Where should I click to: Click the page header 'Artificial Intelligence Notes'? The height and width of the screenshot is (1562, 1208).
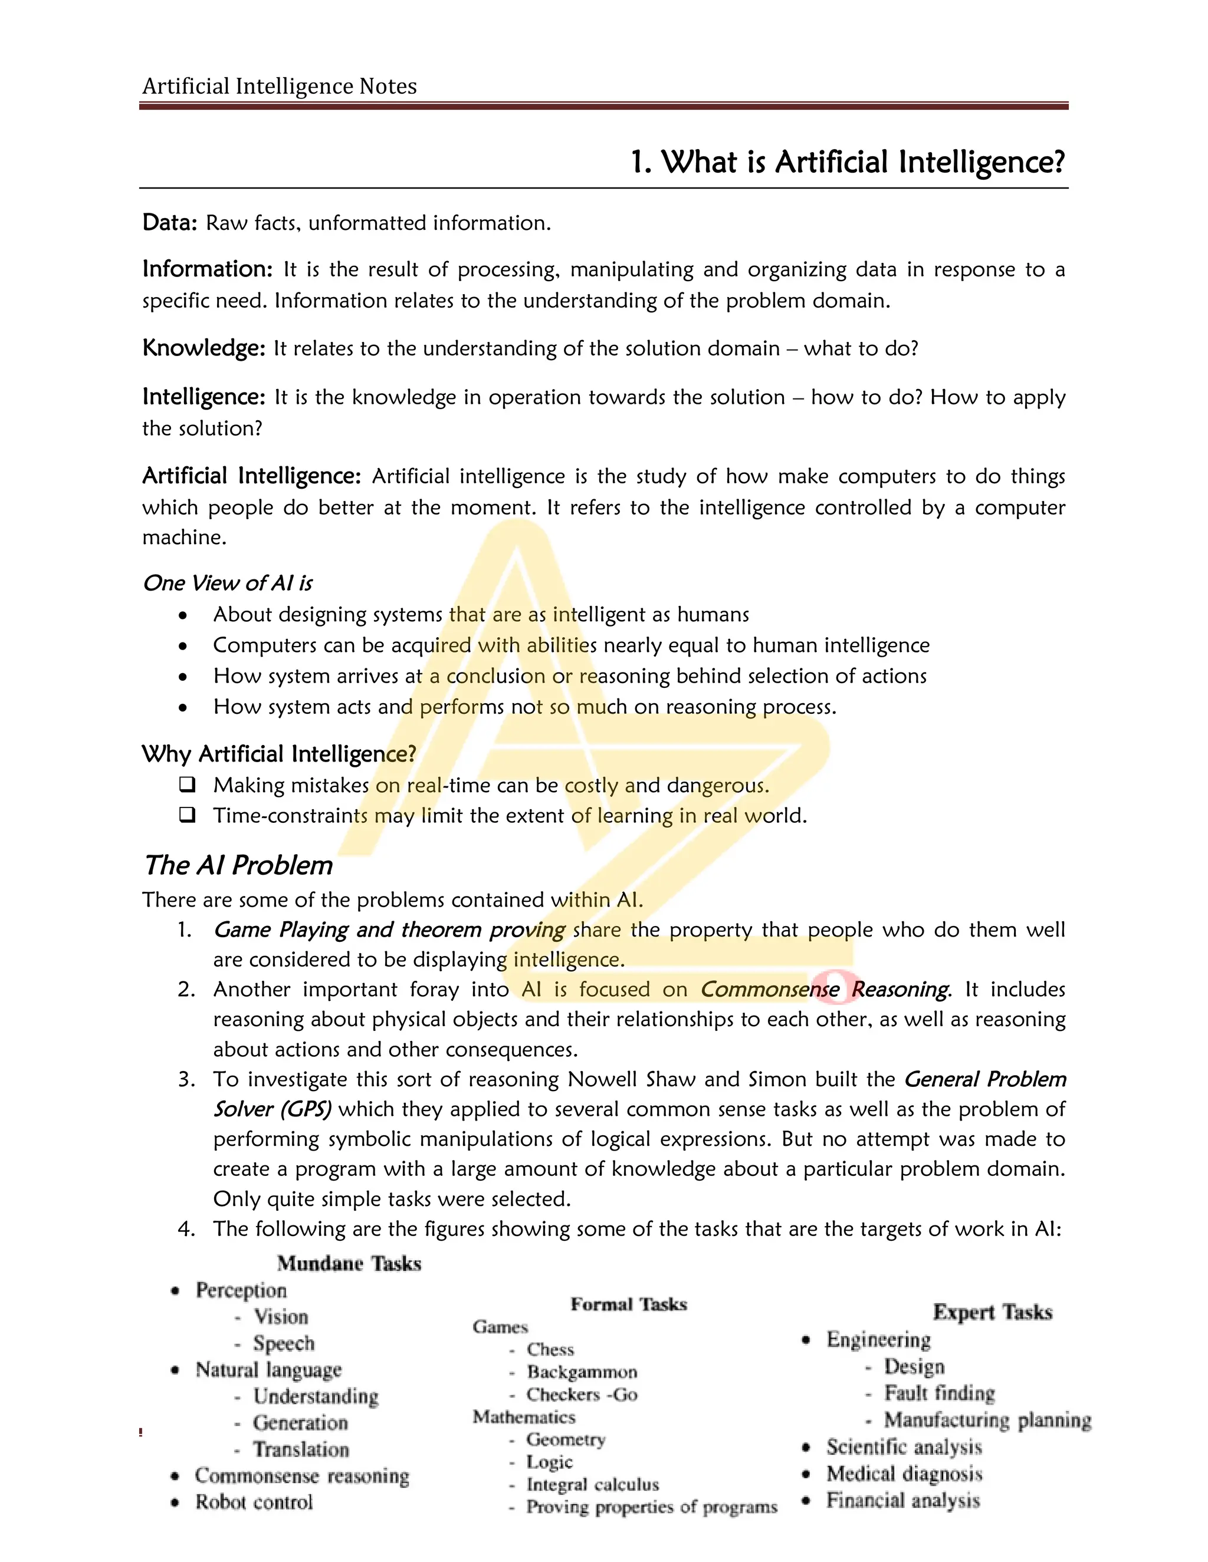[x=279, y=87]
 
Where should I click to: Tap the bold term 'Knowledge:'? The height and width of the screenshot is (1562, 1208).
[x=204, y=348]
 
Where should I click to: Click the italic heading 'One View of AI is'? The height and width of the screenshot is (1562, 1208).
[x=228, y=584]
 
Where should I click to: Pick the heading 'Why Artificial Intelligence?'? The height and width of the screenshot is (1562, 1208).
[x=278, y=754]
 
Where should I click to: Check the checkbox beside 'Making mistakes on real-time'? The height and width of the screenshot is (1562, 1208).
[x=188, y=785]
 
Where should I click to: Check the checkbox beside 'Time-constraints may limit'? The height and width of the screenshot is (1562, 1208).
[x=188, y=815]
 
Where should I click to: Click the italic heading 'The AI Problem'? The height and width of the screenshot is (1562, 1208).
[x=238, y=865]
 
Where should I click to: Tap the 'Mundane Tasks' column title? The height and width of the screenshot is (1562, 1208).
[x=349, y=1263]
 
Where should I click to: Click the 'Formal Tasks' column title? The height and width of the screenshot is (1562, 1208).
[x=628, y=1304]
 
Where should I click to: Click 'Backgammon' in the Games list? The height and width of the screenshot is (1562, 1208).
[x=582, y=1372]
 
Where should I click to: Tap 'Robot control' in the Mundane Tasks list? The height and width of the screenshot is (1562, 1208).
[x=254, y=1502]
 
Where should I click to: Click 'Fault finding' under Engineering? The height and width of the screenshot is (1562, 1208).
[x=939, y=1393]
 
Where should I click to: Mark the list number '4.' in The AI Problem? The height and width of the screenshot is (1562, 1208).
[x=186, y=1229]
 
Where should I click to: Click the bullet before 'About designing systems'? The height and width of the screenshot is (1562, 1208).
[x=184, y=615]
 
